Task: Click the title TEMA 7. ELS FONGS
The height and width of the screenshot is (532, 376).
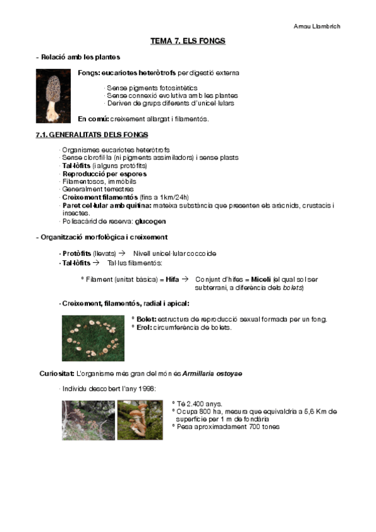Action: coord(188,41)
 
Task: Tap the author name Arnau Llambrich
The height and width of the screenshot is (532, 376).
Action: coord(318,26)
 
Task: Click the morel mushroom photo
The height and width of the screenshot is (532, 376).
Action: coord(53,95)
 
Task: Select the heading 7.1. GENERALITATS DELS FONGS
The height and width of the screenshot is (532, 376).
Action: coord(92,135)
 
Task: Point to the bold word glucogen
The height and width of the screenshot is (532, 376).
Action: coord(151,221)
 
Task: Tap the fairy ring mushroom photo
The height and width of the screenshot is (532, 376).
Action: coord(93,338)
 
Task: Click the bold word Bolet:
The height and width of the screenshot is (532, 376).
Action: coord(146,319)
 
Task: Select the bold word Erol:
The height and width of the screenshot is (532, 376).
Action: coord(144,327)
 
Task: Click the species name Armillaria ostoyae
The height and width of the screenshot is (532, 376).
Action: coord(213,373)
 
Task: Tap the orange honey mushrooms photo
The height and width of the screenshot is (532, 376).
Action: coord(139,420)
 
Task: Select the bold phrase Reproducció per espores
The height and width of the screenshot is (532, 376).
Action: coord(104,173)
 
